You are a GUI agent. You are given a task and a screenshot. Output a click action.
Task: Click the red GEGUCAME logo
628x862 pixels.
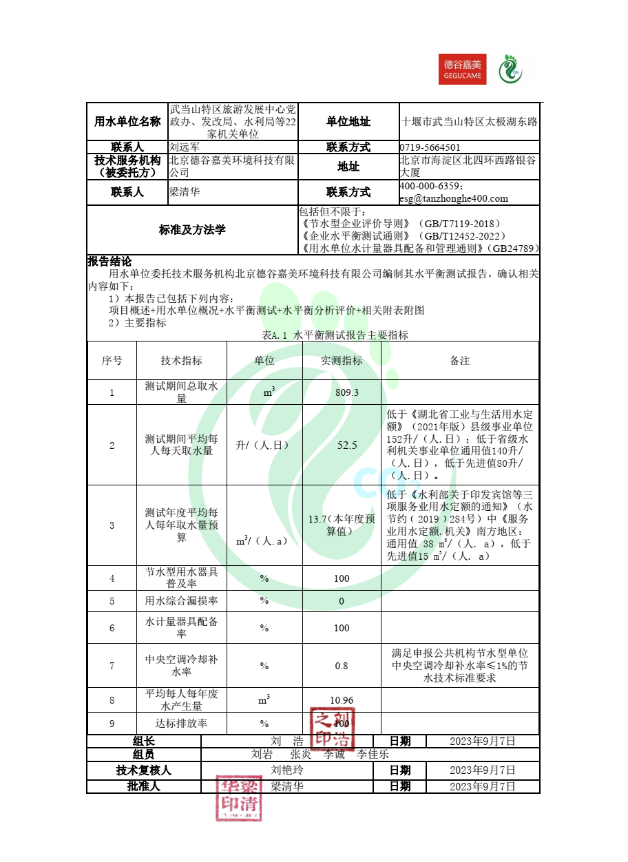[x=462, y=69]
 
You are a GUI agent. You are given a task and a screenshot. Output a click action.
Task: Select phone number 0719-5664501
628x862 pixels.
[x=430, y=147]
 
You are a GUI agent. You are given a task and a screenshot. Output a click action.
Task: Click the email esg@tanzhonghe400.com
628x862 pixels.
[x=454, y=198]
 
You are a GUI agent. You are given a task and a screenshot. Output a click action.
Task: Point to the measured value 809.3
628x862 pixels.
[x=342, y=392]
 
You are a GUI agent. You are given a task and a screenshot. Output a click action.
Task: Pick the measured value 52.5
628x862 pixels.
[x=342, y=445]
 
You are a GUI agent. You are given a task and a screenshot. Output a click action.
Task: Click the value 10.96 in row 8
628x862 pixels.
[x=342, y=700]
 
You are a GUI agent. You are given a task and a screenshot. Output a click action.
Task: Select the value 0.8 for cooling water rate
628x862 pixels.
[x=342, y=666]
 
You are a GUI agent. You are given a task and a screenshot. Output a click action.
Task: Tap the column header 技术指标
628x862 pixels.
[x=182, y=361]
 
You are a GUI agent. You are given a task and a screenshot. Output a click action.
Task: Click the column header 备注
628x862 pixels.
[x=460, y=361]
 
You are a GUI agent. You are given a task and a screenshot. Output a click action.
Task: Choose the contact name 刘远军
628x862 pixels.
[x=184, y=147]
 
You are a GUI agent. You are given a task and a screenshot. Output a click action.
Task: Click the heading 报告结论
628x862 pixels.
[x=109, y=262]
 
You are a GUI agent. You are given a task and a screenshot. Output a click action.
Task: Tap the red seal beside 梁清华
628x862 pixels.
[x=239, y=798]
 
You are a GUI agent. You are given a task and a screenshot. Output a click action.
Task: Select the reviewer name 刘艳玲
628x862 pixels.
[x=287, y=770]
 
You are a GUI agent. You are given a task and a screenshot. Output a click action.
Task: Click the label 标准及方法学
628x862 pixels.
[x=192, y=230]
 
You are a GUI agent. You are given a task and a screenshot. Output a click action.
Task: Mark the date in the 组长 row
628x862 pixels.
[x=482, y=742]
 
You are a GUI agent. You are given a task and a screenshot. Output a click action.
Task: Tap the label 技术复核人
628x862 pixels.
[x=144, y=770]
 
